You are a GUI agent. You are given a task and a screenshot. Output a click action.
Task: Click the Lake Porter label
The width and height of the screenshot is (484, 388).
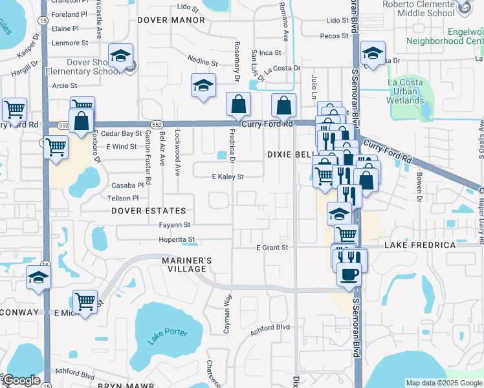tap(168, 337)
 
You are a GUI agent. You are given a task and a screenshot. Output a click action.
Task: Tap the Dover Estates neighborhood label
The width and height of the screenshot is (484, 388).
tap(148, 211)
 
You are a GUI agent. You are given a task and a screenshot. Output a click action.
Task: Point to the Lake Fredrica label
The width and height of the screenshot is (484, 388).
tap(421, 246)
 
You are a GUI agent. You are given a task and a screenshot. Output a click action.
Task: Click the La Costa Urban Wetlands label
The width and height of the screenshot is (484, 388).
tap(405, 91)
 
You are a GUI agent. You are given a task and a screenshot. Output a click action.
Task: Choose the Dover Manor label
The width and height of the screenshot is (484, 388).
tap(171, 20)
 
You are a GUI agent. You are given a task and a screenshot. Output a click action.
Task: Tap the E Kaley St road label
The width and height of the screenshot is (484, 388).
tap(228, 177)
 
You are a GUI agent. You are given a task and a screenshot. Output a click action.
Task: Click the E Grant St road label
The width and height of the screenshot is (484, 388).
tap(271, 248)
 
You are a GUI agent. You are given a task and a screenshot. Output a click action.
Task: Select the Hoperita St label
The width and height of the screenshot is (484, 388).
tap(177, 239)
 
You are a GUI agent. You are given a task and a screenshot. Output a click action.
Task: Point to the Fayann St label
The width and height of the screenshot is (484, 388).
tap(175, 225)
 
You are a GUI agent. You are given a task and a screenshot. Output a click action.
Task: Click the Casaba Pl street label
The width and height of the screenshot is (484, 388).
tap(127, 185)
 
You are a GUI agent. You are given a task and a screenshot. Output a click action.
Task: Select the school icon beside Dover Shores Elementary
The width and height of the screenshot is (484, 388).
tap(120, 57)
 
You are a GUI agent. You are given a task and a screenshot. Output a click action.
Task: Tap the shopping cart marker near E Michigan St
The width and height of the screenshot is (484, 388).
tap(85, 301)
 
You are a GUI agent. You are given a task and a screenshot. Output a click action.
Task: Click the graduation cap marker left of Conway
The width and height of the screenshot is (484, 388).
tap(38, 279)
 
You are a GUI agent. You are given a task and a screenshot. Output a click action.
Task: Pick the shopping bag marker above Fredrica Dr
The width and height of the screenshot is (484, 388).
tap(239, 105)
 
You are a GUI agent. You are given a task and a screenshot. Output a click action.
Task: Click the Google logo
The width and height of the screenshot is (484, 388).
tap(21, 380)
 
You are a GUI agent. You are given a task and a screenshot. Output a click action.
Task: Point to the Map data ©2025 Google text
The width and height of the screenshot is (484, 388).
tap(444, 383)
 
